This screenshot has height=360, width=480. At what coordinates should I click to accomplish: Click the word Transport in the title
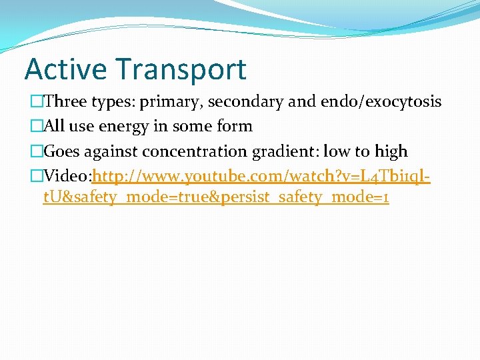click(x=181, y=69)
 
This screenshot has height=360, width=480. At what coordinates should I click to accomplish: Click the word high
click(x=390, y=152)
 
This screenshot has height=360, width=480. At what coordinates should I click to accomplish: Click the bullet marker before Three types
click(x=36, y=102)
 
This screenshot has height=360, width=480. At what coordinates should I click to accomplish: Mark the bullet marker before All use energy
click(x=36, y=127)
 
